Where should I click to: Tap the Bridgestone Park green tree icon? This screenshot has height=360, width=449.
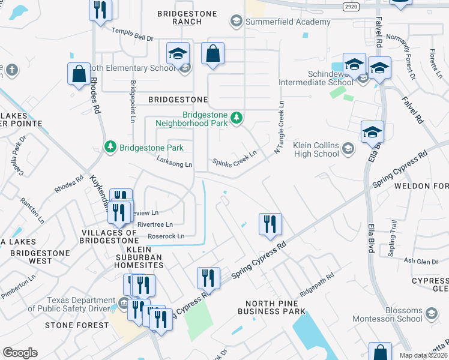coord(110,147)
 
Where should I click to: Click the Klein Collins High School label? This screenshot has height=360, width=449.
coord(316,149)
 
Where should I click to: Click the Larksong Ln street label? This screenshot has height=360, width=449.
coord(174,164)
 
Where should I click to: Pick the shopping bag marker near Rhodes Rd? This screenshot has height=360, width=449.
coord(79,74)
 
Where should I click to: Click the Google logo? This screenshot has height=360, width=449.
coord(20,353)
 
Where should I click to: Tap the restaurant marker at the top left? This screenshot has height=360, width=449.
coord(100,10)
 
